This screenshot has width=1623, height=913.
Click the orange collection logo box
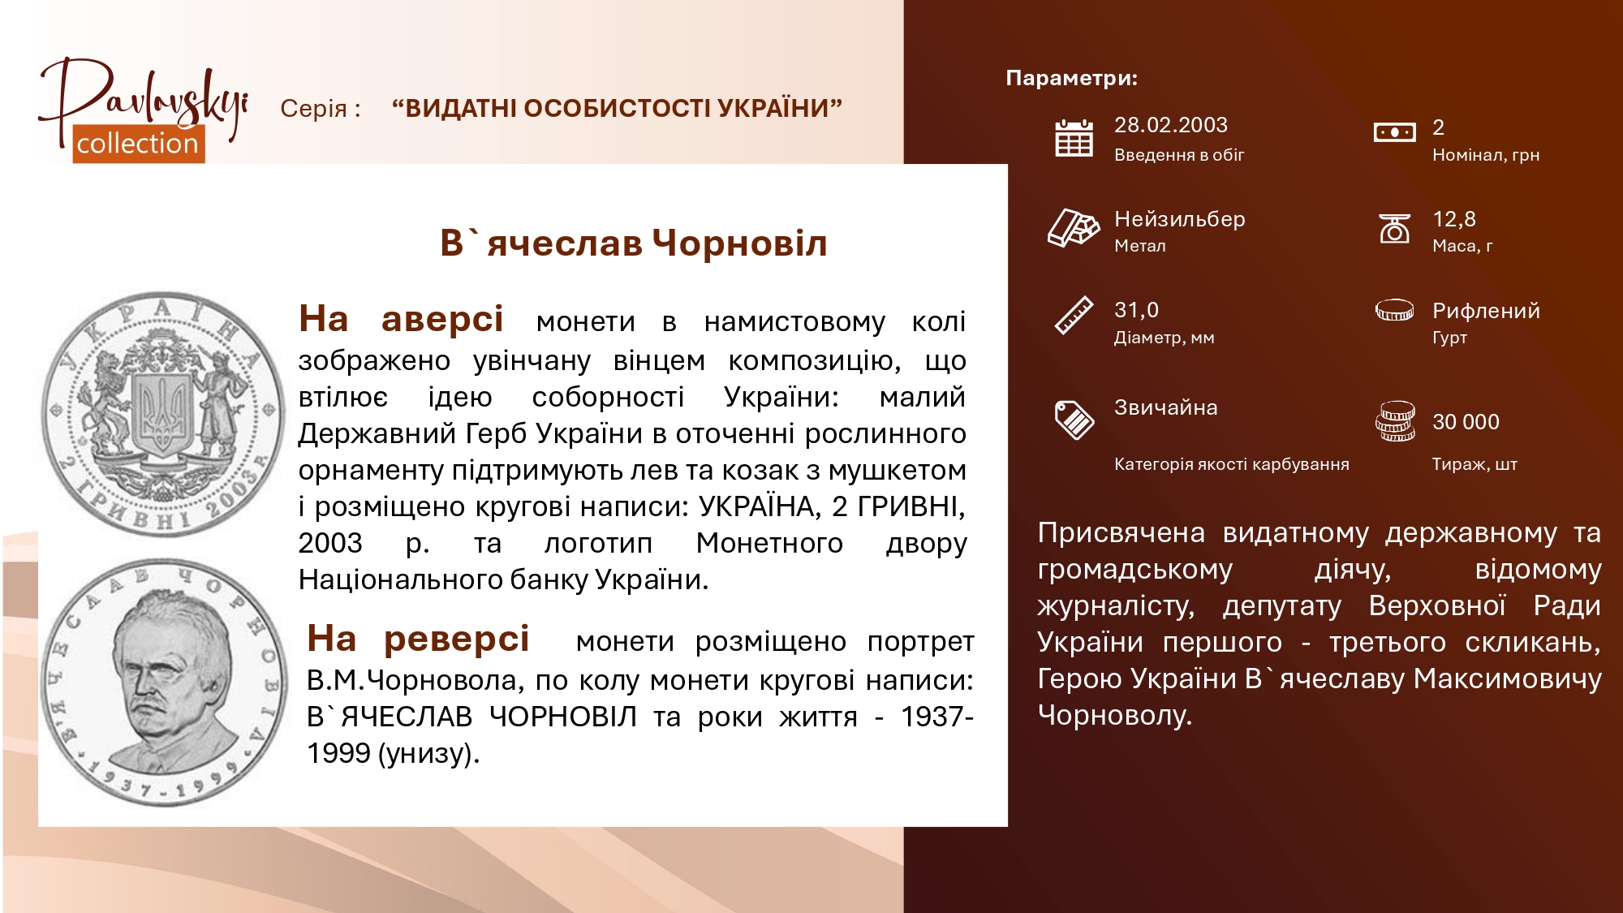(x=139, y=144)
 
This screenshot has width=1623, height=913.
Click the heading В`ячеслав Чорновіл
(x=634, y=243)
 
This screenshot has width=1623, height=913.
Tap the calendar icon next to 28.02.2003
(x=1074, y=137)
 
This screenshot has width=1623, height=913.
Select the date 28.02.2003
(x=1170, y=125)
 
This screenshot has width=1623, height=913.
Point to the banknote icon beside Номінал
(x=1394, y=131)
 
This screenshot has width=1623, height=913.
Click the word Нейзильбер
(x=1179, y=219)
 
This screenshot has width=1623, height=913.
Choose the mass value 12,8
(x=1453, y=219)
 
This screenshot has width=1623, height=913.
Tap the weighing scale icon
(x=1395, y=228)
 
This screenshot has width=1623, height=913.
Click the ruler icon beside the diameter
(x=1074, y=316)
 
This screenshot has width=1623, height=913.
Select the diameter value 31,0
(x=1136, y=310)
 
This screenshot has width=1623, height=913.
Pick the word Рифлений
(x=1486, y=311)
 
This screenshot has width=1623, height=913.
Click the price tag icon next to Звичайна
(x=1074, y=420)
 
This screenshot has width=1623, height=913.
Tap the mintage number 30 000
(x=1466, y=422)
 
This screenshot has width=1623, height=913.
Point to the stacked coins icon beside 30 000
(x=1395, y=421)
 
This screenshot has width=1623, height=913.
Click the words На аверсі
(x=401, y=319)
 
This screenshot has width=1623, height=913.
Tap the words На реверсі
(x=418, y=639)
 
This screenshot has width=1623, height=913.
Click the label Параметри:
(x=1071, y=78)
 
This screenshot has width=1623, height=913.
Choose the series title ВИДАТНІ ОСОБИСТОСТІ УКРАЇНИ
(x=617, y=108)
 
